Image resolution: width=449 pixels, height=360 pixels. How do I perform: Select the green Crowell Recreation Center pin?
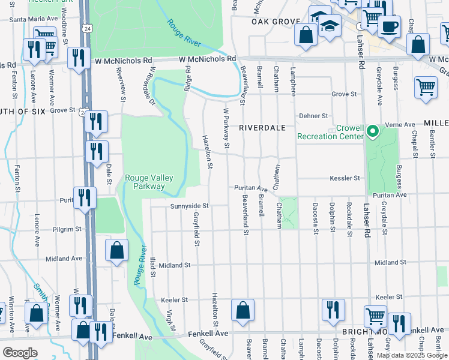pos(372,130)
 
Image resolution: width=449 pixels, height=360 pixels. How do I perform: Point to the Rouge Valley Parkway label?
pos(145,182)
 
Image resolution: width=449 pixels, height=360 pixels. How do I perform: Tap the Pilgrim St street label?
pos(67,229)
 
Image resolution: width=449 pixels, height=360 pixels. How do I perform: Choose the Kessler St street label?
pos(345,178)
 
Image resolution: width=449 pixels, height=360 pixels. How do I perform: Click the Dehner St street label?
pos(315,116)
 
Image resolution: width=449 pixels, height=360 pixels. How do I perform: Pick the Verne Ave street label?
pos(402,125)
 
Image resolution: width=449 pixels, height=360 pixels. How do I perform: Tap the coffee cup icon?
pos(389,27)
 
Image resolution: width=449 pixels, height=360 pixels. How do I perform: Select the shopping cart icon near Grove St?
pos(426,87)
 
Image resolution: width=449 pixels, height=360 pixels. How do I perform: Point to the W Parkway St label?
pos(227,128)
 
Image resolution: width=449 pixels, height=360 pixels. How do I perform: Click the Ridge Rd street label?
pos(188,77)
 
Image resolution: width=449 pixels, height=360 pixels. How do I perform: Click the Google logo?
pos(20,353)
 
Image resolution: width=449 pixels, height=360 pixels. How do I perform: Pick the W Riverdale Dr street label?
pos(148,86)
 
